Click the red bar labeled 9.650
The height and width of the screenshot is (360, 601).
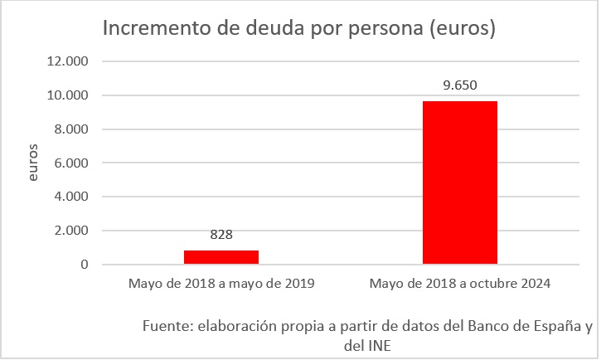(459, 182)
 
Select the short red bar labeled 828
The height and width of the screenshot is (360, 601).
(221, 257)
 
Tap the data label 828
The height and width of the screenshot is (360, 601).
(221, 235)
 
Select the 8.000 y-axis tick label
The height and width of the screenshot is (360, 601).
(72, 129)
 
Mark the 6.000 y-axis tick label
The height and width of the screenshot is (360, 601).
(72, 163)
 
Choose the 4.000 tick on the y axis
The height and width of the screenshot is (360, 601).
(72, 197)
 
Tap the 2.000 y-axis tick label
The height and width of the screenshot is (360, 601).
(72, 231)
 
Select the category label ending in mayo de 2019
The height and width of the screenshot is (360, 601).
(221, 284)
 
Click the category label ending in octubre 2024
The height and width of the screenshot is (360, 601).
(460, 284)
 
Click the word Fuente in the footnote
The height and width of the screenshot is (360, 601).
(167, 324)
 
